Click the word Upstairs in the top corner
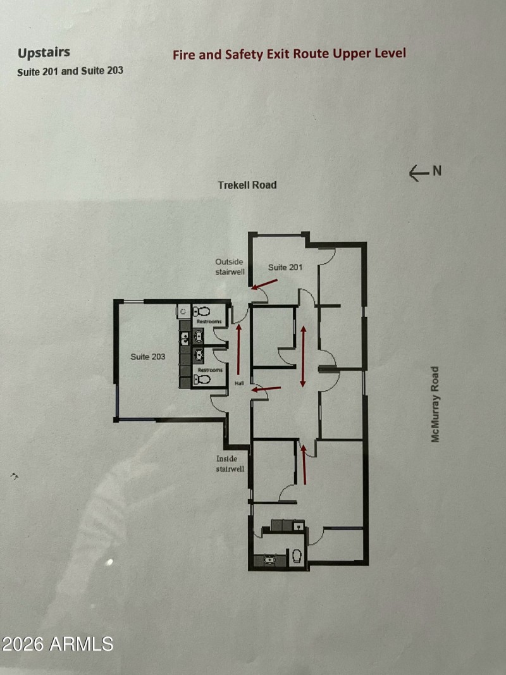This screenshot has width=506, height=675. (x=44, y=53)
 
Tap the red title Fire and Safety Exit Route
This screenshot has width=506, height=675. (x=289, y=54)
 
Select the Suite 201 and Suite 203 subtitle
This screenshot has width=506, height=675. (x=70, y=71)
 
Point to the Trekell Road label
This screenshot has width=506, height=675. (x=247, y=185)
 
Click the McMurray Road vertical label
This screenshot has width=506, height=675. (x=435, y=404)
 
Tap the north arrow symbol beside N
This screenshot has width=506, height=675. (x=419, y=173)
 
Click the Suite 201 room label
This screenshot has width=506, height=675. (x=285, y=267)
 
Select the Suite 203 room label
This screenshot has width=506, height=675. (x=148, y=357)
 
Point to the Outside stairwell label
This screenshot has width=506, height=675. (x=229, y=266)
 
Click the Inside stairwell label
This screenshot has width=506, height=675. (x=230, y=464)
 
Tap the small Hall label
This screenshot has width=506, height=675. (x=239, y=383)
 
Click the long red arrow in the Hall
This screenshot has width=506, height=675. (x=238, y=350)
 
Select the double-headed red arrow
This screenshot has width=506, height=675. (x=304, y=356)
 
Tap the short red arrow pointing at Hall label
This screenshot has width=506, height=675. (x=260, y=388)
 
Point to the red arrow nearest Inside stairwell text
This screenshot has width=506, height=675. (x=304, y=464)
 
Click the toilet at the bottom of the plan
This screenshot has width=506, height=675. (x=295, y=556)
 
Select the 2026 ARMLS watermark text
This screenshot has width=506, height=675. (x=57, y=644)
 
